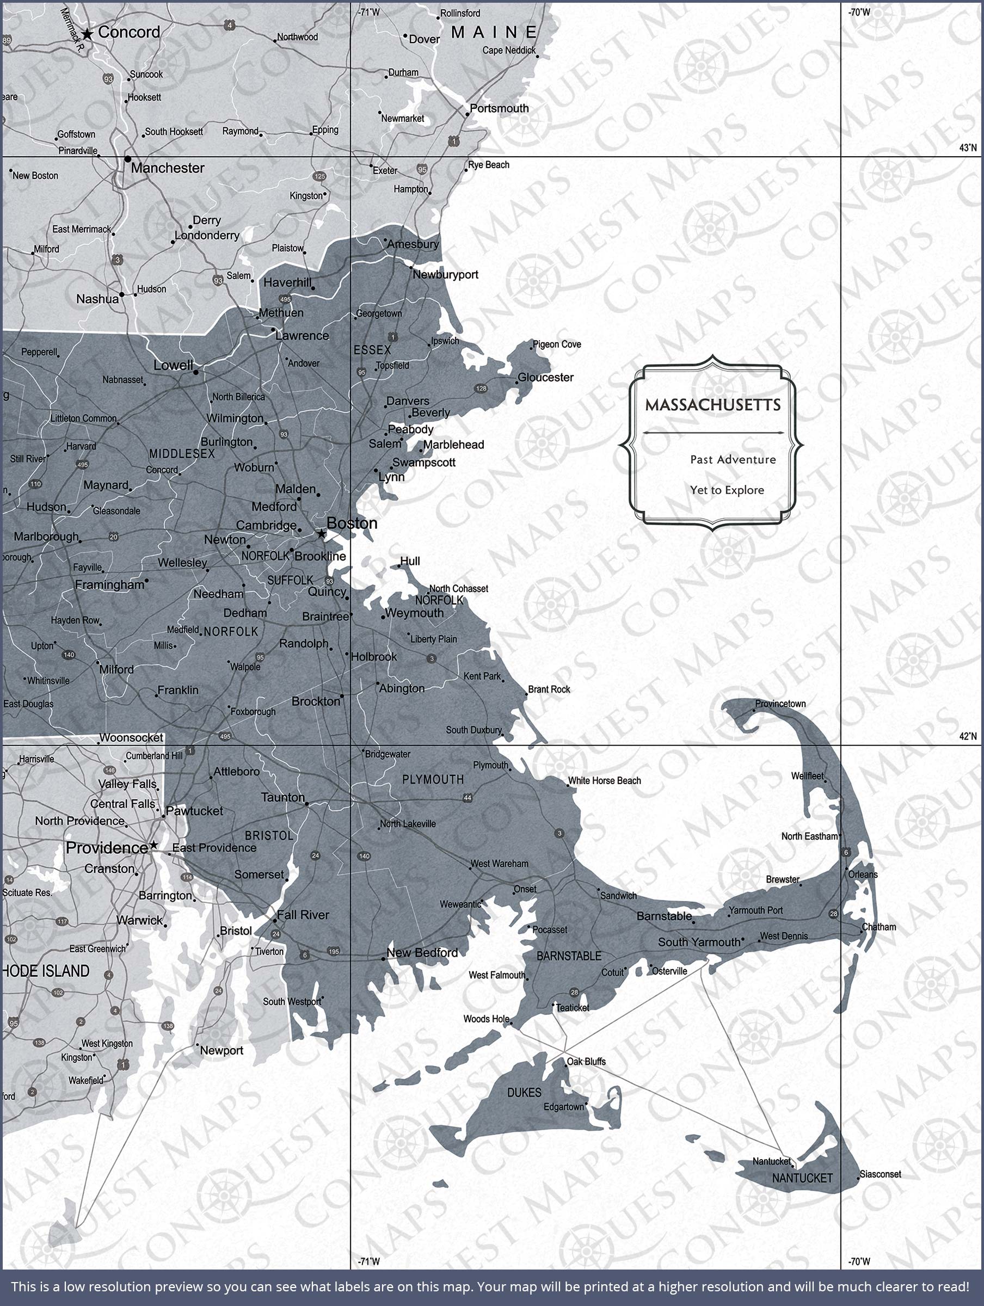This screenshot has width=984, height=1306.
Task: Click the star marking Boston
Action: coord(321,534)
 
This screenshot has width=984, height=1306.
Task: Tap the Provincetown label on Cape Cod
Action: coord(780,704)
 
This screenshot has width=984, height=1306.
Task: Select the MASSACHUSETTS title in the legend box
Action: coord(712,405)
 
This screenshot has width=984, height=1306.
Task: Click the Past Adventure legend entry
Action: coord(733,459)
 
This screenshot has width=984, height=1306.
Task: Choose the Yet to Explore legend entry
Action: coord(727,490)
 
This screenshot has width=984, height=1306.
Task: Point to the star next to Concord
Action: coord(88,34)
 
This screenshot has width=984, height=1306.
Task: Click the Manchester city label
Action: coord(167,168)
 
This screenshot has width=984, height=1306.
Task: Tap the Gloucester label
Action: coord(545,377)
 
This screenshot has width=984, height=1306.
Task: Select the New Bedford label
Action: coord(422,952)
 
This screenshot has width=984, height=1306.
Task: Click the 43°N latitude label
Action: coord(968,147)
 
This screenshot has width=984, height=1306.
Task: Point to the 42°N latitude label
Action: coord(968,736)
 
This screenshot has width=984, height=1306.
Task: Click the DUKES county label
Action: coord(524,1093)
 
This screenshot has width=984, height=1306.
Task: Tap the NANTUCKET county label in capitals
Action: coord(802,1178)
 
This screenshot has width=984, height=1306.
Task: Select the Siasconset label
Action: coord(880,1174)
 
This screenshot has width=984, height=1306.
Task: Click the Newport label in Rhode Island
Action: coord(222,1050)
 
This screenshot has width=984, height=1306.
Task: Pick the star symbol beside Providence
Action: coord(153,846)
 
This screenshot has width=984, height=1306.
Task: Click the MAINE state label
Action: coord(494,32)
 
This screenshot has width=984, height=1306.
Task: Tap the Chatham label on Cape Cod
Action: coord(879,927)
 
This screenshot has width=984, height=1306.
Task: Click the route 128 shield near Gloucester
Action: coord(481,389)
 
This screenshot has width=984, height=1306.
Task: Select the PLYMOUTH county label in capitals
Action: coord(433,779)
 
